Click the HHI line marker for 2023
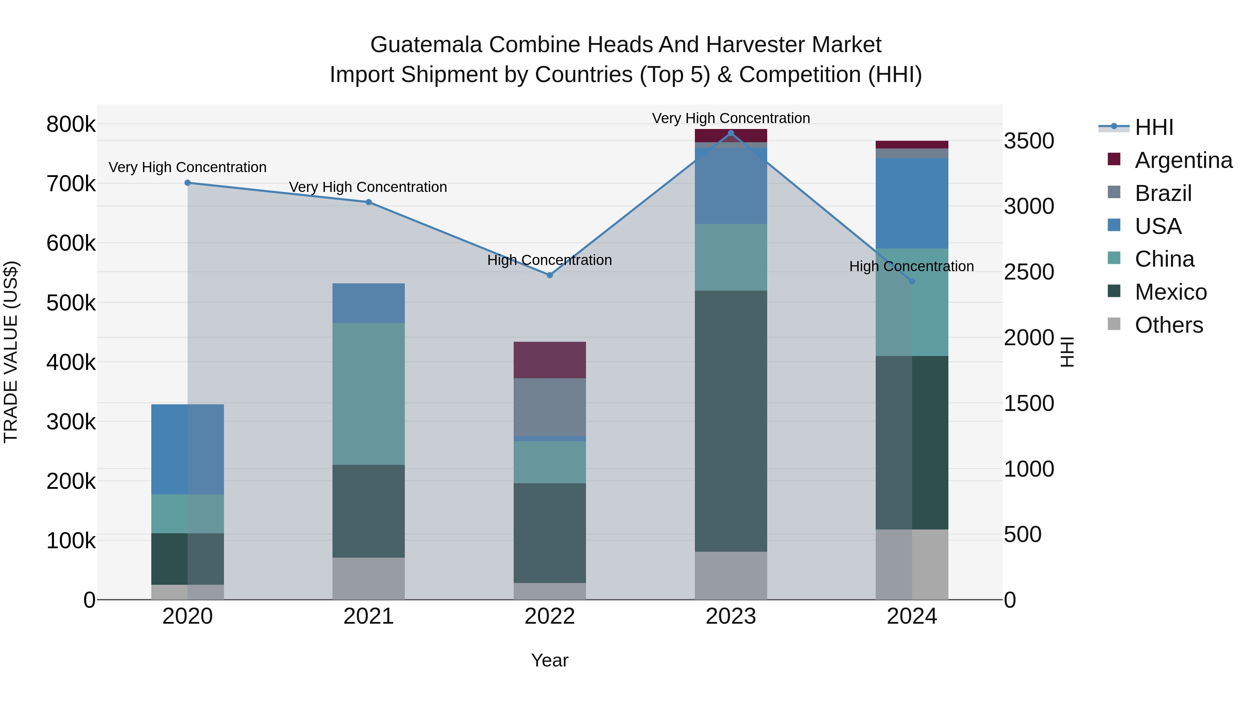pos(730,133)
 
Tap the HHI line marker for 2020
pos(187,183)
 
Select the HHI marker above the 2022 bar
pos(550,275)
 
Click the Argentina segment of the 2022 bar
pos(550,360)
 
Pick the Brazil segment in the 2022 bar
pos(550,407)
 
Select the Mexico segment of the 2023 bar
pos(730,421)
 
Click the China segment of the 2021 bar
pos(368,394)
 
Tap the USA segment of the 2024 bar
pos(912,203)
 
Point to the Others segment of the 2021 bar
pos(368,578)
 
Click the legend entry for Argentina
pos(1183,160)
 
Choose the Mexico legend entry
pos(1170,292)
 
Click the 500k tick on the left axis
pos(71,303)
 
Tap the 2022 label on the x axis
pos(550,616)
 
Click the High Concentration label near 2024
pos(911,266)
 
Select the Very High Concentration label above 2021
pos(368,187)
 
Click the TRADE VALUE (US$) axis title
pos(11,352)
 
